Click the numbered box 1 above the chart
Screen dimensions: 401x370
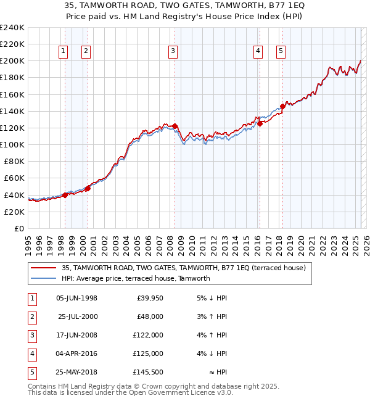click(x=64, y=51)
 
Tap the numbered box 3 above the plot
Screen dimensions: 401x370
click(x=173, y=51)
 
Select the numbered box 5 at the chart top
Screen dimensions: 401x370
click(x=281, y=51)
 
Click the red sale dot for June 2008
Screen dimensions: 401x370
click(x=175, y=126)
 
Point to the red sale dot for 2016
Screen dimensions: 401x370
click(x=260, y=123)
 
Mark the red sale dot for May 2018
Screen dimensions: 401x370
click(x=283, y=106)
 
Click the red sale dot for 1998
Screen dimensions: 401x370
click(x=65, y=195)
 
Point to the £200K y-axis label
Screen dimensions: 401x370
click(x=12, y=61)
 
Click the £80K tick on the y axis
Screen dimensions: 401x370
click(x=15, y=161)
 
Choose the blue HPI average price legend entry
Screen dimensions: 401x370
click(x=136, y=278)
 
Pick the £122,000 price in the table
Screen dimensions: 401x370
click(x=149, y=335)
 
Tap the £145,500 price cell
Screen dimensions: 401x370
click(x=149, y=372)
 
